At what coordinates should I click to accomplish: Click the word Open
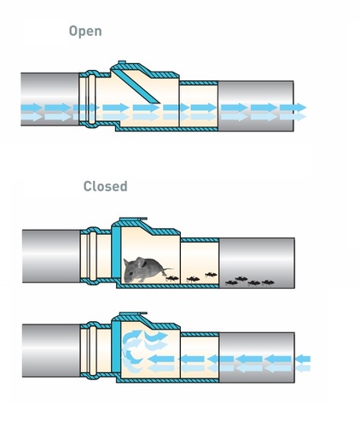click(85, 32)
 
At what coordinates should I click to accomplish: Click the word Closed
click(105, 186)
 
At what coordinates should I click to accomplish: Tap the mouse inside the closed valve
click(145, 270)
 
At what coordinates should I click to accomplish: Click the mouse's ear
click(141, 262)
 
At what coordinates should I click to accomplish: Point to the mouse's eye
click(131, 273)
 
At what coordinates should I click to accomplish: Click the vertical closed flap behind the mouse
click(116, 253)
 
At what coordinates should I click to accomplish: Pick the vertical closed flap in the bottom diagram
click(116, 348)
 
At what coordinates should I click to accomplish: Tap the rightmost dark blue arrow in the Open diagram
click(293, 108)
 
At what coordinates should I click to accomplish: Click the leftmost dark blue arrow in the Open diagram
click(32, 108)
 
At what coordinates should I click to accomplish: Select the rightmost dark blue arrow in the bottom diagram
click(303, 360)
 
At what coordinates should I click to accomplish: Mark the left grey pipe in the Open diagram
click(50, 99)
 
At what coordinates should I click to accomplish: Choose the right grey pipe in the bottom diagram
click(257, 357)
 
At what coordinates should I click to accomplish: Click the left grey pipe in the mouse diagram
click(51, 256)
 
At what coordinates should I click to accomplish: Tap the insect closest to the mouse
click(172, 278)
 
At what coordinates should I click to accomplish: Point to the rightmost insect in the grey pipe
click(268, 283)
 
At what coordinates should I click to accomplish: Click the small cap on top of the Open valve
click(122, 62)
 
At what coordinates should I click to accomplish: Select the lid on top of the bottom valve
click(133, 314)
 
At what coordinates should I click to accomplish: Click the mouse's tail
click(167, 270)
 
